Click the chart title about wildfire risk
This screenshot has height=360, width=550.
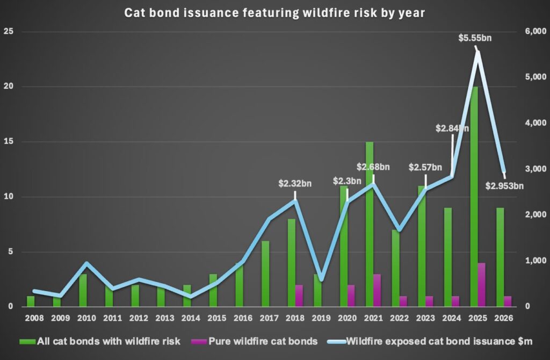[274, 12]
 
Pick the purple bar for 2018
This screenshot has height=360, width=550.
[299, 296]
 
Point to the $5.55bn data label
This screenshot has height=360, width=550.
[475, 38]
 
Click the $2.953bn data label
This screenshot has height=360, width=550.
[504, 186]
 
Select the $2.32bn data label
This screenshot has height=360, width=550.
[295, 183]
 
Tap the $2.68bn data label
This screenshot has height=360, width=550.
[374, 166]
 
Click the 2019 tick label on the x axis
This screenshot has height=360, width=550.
[321, 318]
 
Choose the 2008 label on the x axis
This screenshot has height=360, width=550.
[34, 318]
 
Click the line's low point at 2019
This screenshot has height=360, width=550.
[321, 280]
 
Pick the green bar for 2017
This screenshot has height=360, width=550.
[265, 273]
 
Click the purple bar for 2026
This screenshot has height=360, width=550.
[508, 301]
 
